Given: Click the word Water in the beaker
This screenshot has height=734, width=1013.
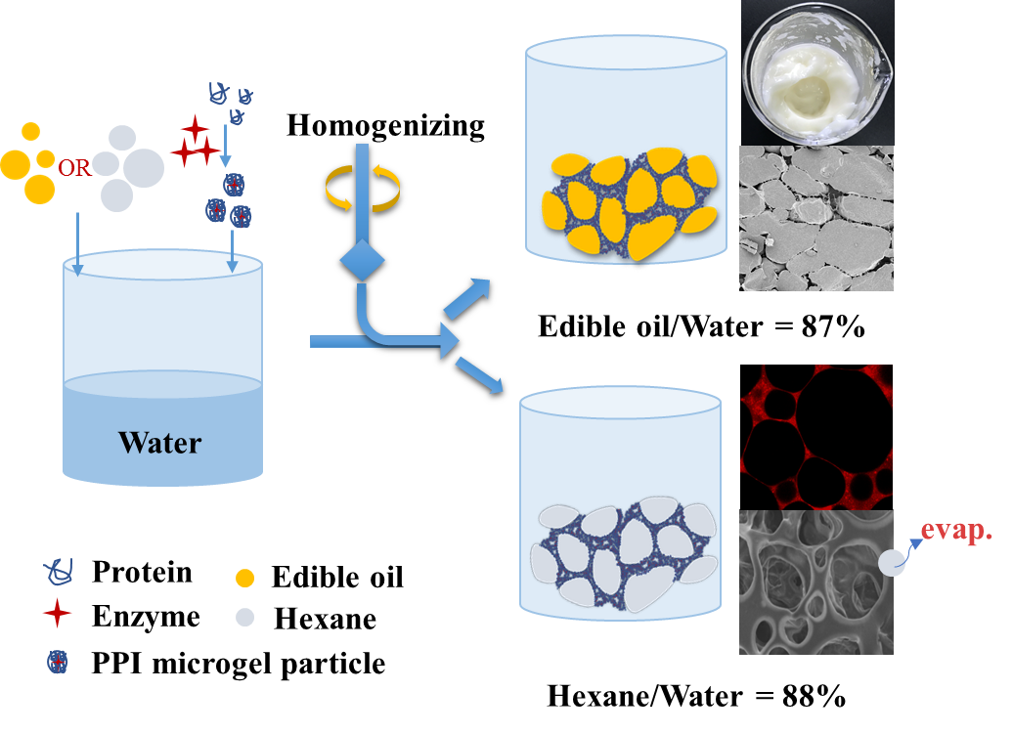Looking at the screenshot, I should point(160,442).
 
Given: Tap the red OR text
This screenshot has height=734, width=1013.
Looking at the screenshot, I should point(74,168).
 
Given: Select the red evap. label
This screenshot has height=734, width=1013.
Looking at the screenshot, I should point(956,532).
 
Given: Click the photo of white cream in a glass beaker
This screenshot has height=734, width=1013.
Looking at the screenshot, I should point(816,71).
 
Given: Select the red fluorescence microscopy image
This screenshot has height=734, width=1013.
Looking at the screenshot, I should point(816,437).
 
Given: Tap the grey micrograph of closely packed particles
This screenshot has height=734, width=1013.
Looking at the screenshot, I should point(816,218).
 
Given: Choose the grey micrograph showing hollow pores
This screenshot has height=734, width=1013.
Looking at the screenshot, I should point(816,583).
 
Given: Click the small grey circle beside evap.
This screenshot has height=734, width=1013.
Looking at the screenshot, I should point(892,563).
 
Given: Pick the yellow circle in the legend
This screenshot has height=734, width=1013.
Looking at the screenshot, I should point(244,579).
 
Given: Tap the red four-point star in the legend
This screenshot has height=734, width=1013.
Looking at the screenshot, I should point(58,613).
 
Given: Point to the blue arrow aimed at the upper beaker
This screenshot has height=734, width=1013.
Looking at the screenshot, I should point(469,297).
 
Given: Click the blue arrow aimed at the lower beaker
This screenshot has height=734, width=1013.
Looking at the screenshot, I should point(479,376).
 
